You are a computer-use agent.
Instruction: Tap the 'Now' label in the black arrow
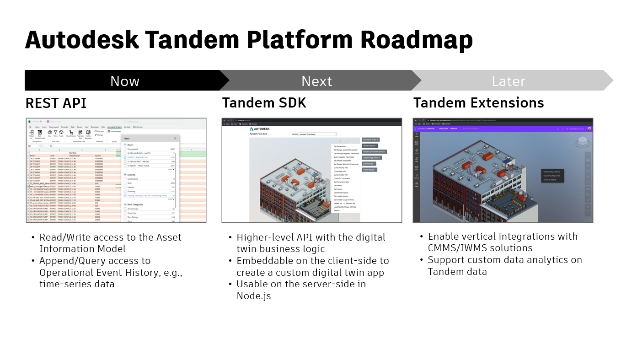coord(124,81)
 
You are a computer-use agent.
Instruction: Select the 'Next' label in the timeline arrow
coord(316,81)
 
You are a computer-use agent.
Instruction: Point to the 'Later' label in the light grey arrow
coord(509,81)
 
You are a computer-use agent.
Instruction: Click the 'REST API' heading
coord(56,103)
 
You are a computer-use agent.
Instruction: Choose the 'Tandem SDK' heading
coord(264,103)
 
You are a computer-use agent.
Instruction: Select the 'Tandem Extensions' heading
coord(478,103)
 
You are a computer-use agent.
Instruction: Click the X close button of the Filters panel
coord(175,138)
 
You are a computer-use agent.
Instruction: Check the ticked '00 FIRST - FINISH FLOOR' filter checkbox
coord(125,157)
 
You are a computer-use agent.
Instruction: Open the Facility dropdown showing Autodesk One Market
coord(318,134)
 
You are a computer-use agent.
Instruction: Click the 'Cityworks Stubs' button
coord(370,140)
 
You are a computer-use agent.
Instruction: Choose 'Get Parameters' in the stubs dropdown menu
coord(340,146)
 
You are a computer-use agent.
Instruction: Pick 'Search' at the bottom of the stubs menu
coord(337,210)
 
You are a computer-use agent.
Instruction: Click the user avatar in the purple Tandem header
coord(589,129)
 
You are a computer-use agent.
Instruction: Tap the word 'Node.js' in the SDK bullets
coord(254,296)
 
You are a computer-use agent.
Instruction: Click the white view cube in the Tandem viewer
coord(583,142)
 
